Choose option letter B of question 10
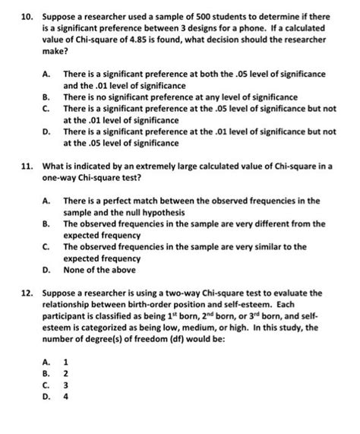pyautogui.click(x=47, y=98)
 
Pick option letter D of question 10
pyautogui.click(x=47, y=131)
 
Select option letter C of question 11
pyautogui.click(x=47, y=247)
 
